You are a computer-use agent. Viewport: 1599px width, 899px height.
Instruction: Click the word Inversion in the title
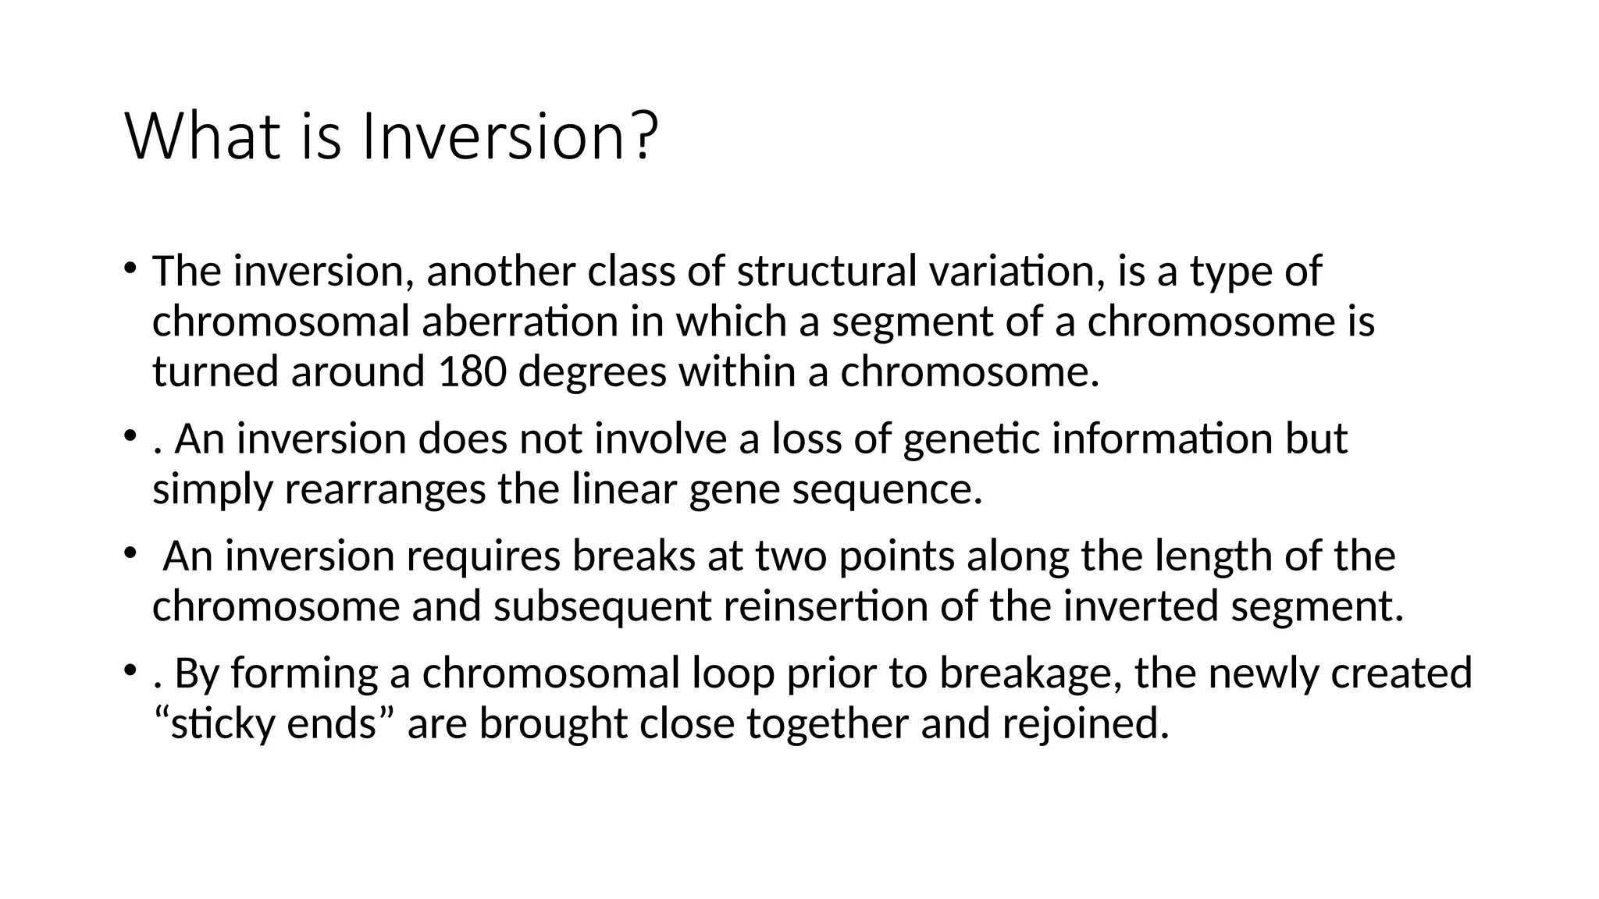pos(492,137)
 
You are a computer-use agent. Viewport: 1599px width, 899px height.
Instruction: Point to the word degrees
pos(592,373)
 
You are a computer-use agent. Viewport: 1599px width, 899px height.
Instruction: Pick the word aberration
pos(520,322)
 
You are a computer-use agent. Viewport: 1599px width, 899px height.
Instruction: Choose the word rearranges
pos(385,490)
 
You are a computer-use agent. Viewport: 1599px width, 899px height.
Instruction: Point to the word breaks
pos(633,556)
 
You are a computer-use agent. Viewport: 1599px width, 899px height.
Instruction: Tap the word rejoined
pos(1085,723)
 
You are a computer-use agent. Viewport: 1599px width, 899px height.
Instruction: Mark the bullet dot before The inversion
pos(130,268)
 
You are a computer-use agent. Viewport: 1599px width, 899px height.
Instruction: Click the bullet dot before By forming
pos(130,670)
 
